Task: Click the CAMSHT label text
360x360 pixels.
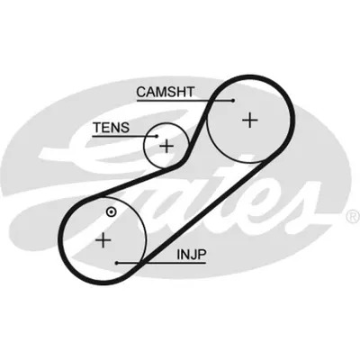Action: (x=166, y=92)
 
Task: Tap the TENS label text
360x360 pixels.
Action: (x=111, y=128)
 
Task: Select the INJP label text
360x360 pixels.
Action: (x=192, y=255)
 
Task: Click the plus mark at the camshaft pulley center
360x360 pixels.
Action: (x=250, y=120)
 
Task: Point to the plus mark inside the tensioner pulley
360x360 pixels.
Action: (x=166, y=147)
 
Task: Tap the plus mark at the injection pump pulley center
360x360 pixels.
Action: (x=103, y=239)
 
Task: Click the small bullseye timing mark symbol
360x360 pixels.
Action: (x=112, y=211)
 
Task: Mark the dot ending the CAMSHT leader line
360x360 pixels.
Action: (x=233, y=101)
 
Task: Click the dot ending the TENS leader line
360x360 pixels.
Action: (x=157, y=136)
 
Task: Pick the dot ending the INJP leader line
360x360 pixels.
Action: (x=117, y=263)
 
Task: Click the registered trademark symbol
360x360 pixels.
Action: (x=354, y=217)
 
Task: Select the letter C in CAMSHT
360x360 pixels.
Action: (x=141, y=92)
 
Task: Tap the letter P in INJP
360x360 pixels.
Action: (x=202, y=255)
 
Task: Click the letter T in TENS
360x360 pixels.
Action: (x=97, y=128)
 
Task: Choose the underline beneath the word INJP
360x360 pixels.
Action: (x=161, y=263)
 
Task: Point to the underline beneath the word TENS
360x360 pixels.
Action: (x=124, y=136)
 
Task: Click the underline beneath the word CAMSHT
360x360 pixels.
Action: (x=185, y=101)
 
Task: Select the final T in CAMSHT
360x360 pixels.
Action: (x=190, y=92)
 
